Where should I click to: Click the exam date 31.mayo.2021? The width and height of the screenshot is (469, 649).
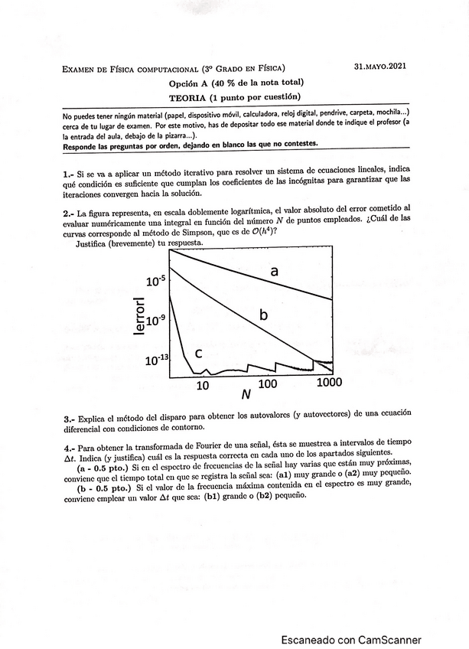(x=380, y=67)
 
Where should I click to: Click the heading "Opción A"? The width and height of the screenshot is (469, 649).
(x=191, y=83)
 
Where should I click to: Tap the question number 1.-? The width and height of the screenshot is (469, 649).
(x=69, y=174)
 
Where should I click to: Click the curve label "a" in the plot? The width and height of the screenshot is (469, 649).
(x=274, y=271)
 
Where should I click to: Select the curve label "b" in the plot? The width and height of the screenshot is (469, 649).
(x=262, y=315)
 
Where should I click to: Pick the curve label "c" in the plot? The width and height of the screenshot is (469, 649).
(x=197, y=353)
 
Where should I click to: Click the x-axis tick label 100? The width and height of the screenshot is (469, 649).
(x=268, y=383)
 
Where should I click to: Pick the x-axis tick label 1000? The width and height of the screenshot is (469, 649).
(x=329, y=382)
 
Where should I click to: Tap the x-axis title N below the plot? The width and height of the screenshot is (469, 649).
(x=246, y=396)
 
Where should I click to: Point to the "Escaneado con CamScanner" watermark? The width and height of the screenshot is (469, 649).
(x=350, y=640)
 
